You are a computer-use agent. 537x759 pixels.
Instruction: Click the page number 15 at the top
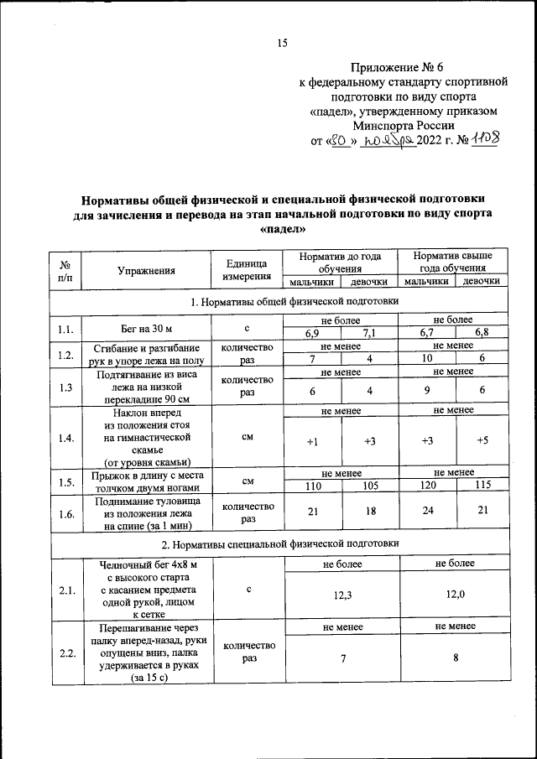point(283,43)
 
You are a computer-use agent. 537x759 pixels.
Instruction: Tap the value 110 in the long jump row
point(310,486)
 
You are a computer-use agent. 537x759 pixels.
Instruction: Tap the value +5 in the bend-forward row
point(482,442)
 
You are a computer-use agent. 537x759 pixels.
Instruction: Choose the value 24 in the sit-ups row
point(426,513)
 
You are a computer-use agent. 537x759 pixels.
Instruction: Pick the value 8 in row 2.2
point(454,658)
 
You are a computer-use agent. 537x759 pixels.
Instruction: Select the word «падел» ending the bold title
point(283,228)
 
